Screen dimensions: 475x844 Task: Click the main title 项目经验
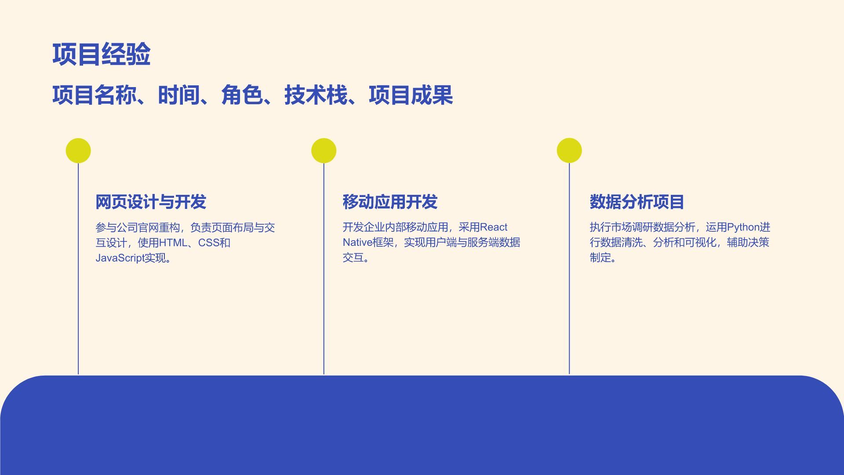(x=102, y=55)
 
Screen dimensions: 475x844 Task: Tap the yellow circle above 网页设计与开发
(x=78, y=151)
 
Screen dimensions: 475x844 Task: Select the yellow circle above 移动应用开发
(x=324, y=151)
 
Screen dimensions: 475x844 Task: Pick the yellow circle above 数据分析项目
(x=569, y=150)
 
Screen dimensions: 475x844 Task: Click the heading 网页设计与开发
(x=151, y=202)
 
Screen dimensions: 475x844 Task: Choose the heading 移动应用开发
(x=390, y=202)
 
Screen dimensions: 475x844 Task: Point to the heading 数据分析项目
(x=637, y=202)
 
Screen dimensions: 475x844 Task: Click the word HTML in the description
(x=173, y=243)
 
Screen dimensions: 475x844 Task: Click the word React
(x=494, y=227)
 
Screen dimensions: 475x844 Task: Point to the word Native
(x=357, y=242)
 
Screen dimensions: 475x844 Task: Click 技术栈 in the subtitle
(x=316, y=95)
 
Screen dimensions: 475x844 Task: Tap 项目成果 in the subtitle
(x=411, y=95)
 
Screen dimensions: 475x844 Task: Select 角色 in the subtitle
(x=242, y=95)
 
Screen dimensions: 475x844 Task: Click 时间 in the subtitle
(x=179, y=95)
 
